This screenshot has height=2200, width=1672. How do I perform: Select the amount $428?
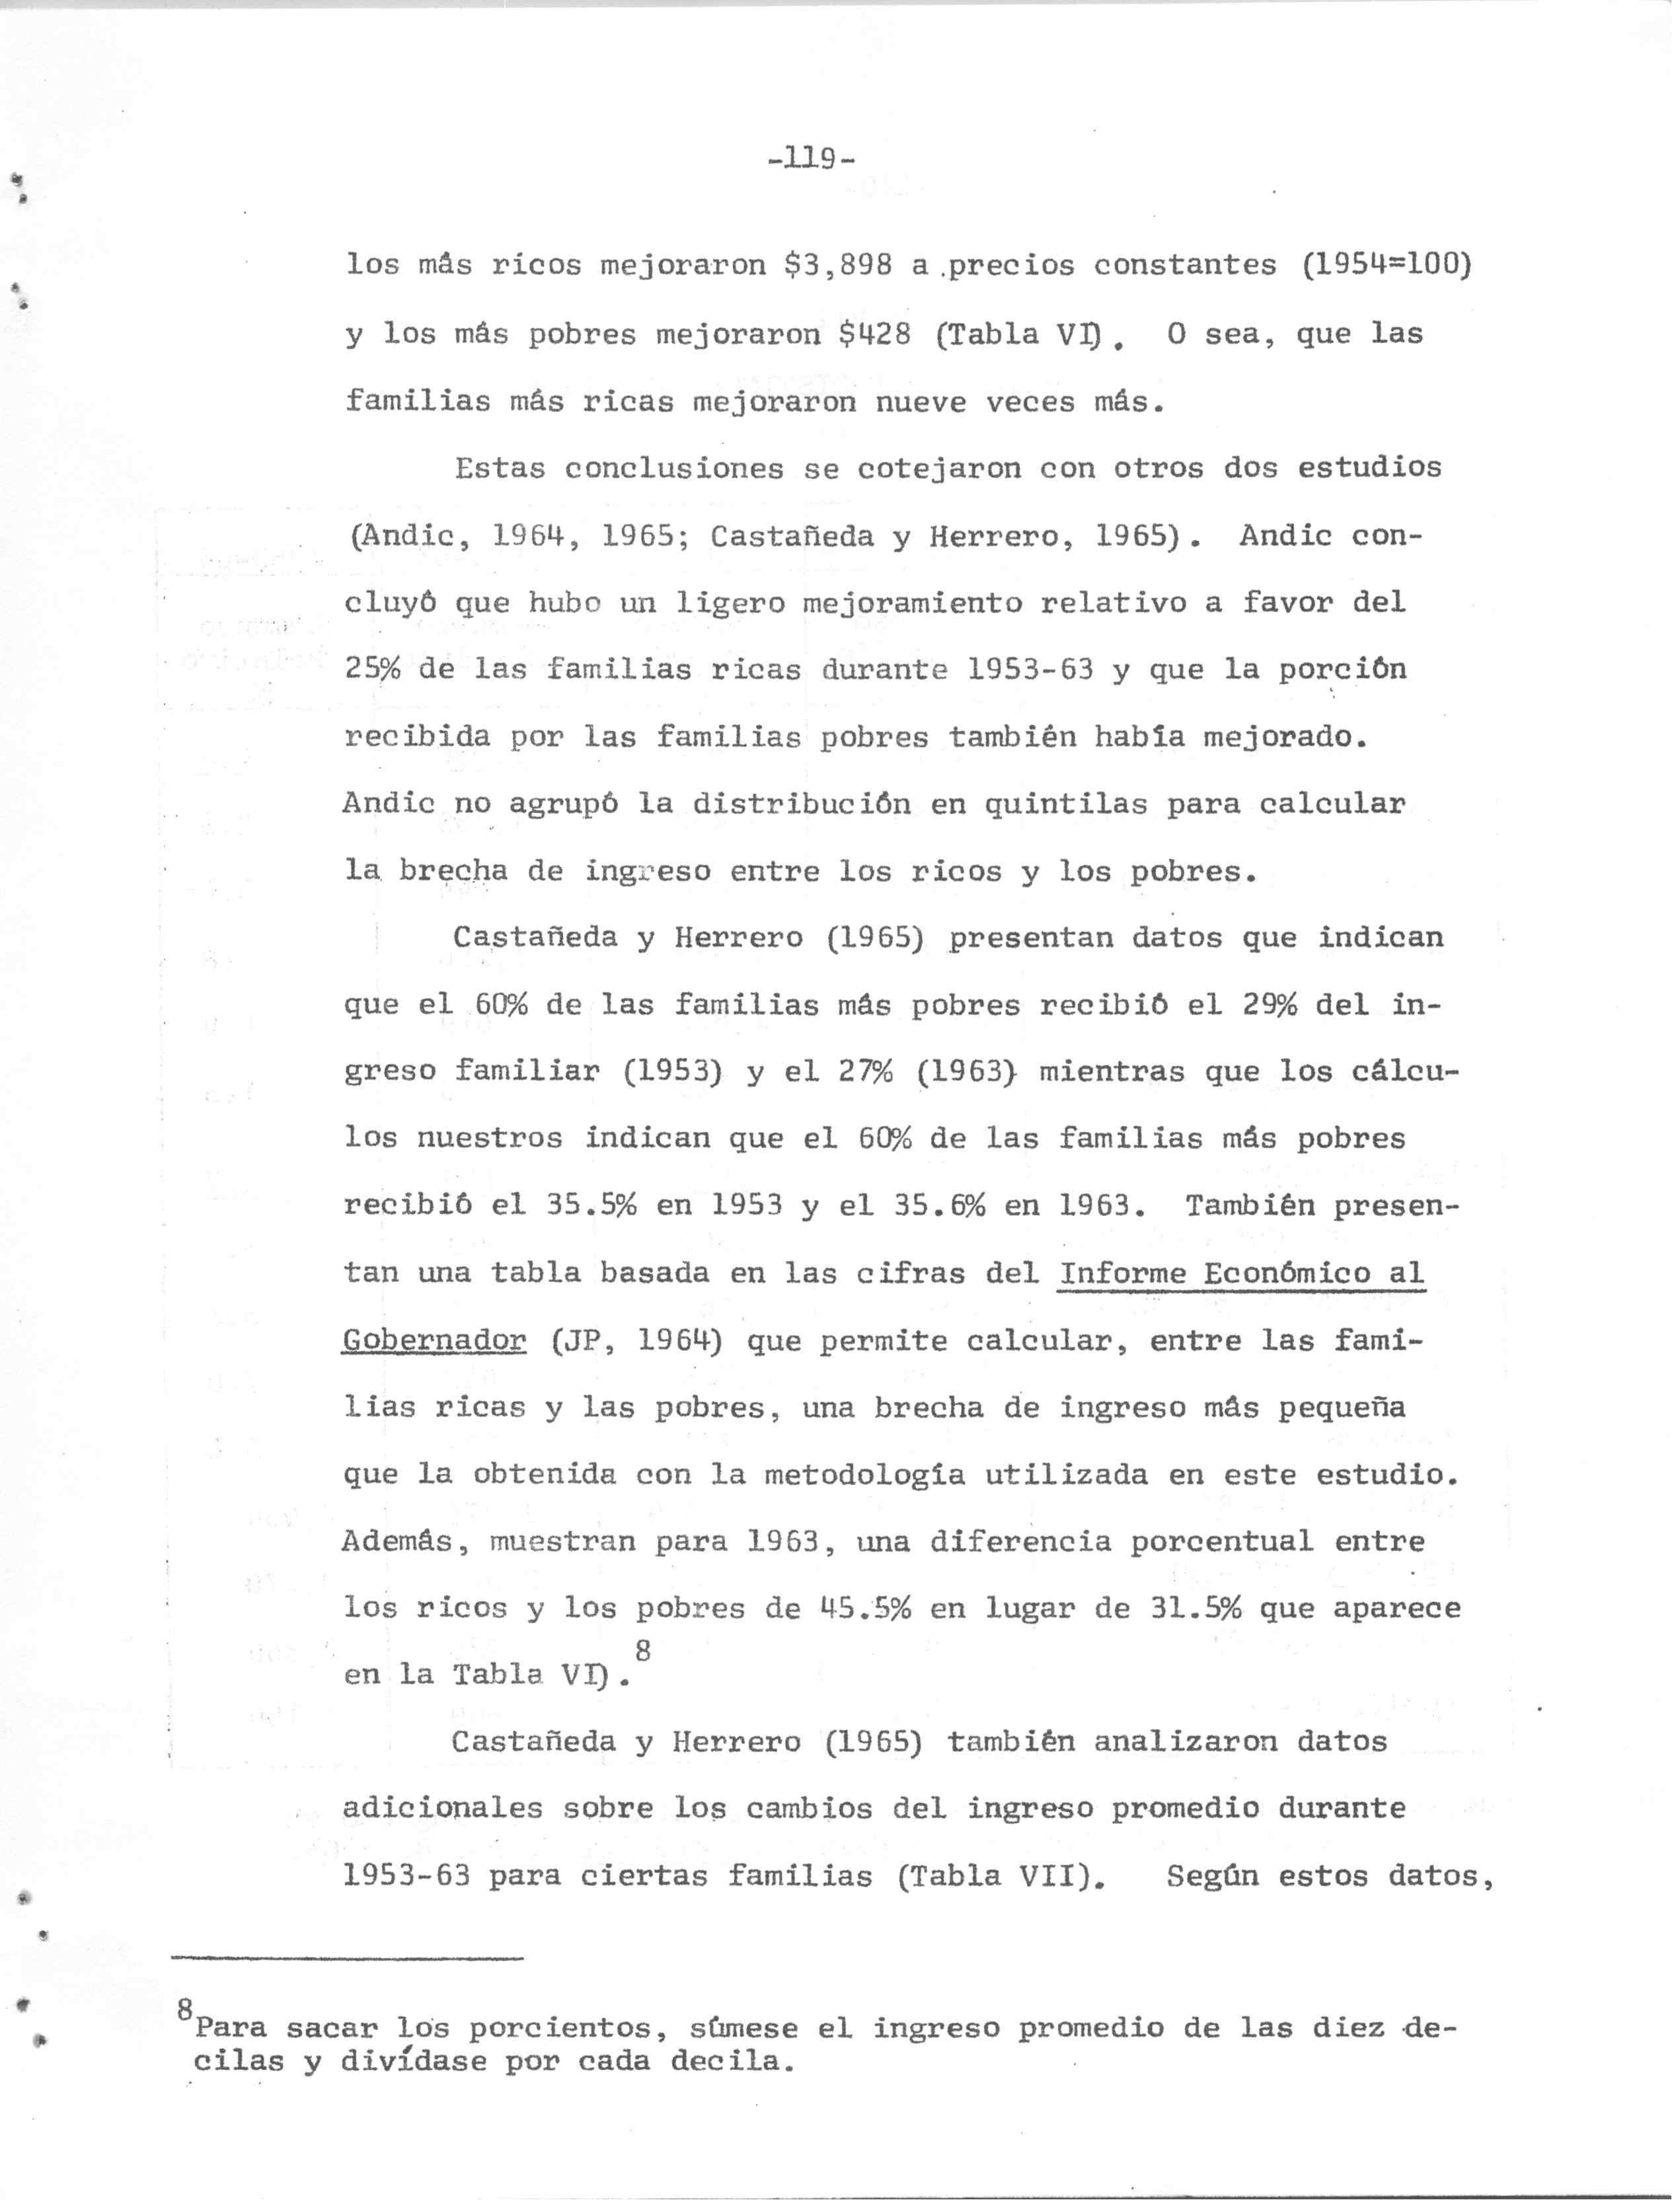click(x=875, y=334)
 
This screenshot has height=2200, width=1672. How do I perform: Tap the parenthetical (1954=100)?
click(x=1385, y=265)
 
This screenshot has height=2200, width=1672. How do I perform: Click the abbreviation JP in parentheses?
click(x=579, y=1342)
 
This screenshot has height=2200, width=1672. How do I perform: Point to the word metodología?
click(x=864, y=1474)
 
